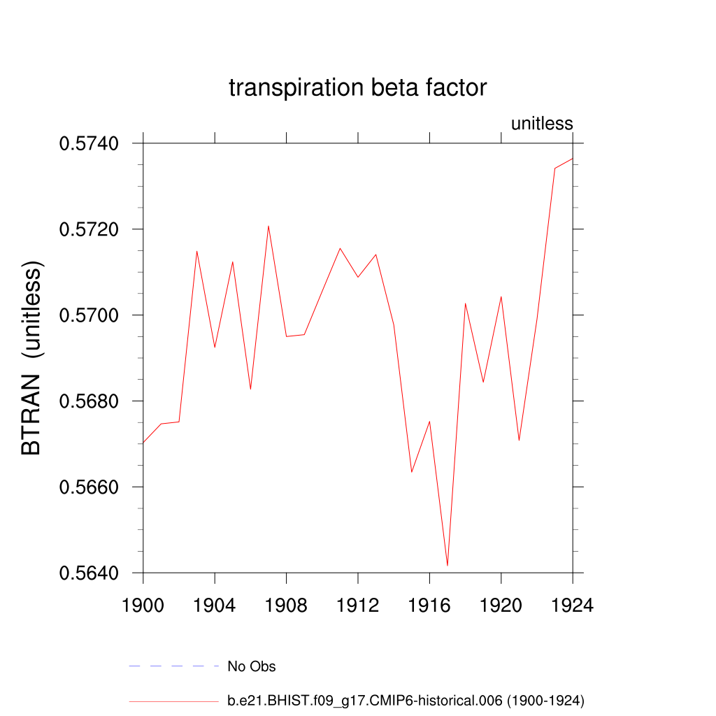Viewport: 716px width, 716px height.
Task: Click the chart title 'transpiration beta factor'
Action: (x=357, y=89)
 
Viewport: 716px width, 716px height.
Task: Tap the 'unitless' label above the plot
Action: (x=542, y=124)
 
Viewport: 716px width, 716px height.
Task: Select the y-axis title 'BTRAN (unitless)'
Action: (x=32, y=358)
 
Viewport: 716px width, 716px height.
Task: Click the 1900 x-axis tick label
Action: (x=143, y=605)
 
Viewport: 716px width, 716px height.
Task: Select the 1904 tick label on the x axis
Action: (x=215, y=605)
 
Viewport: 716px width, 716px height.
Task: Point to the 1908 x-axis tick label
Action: (x=286, y=605)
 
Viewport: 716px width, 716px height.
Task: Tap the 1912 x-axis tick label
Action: (x=358, y=605)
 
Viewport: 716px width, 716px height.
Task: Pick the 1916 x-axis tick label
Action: (x=429, y=605)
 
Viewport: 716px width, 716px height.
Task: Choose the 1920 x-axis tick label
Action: (x=501, y=605)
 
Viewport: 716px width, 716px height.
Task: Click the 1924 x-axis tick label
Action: (x=573, y=605)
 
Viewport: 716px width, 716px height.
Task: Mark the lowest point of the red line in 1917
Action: (x=447, y=565)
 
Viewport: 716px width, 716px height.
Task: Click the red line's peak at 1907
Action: (x=268, y=226)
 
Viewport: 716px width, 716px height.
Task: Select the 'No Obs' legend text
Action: (x=252, y=666)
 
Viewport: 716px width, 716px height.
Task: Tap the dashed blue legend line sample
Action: (x=174, y=666)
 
